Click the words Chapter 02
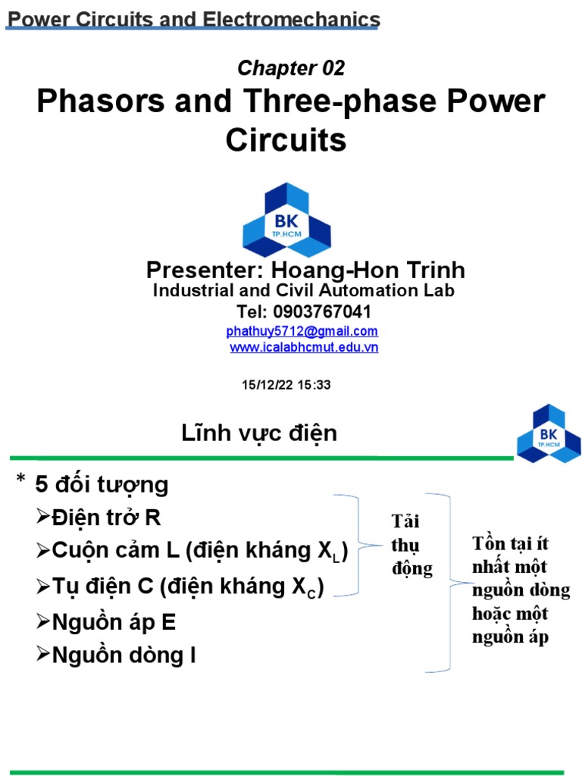291,68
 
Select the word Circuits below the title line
286,140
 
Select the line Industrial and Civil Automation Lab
304,290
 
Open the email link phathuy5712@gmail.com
302,331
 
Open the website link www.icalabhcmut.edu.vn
304,347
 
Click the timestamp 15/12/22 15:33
286,385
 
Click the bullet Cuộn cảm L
114,552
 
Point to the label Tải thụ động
411,545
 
